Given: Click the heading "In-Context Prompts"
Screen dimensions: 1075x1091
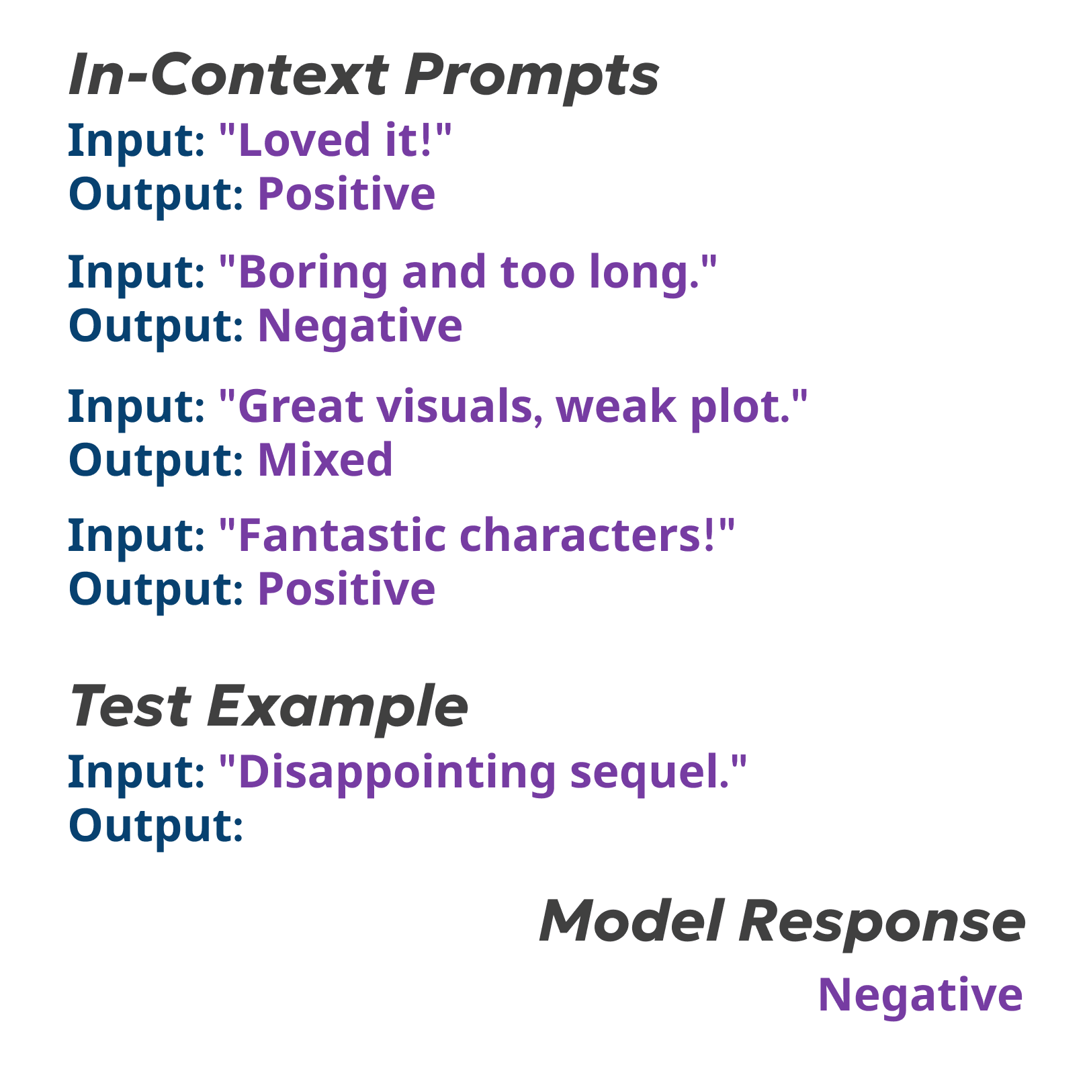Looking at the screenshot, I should (363, 75).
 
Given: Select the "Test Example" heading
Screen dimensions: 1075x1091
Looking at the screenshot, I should (269, 707).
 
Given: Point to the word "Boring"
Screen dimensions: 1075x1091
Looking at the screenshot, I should (313, 273).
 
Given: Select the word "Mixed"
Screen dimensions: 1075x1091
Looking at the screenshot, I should (325, 460).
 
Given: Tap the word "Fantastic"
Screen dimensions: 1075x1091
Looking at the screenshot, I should (342, 535).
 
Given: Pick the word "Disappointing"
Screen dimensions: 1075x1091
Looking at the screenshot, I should (397, 772).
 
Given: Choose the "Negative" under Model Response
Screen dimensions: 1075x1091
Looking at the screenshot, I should (920, 995).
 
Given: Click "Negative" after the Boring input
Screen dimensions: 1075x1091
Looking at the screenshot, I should (360, 327).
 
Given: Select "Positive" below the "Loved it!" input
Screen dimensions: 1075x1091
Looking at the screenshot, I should (347, 194).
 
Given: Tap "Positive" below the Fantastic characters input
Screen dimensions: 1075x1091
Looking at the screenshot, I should (347, 589).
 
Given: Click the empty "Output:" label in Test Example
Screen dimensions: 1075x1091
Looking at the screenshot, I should (155, 826).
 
